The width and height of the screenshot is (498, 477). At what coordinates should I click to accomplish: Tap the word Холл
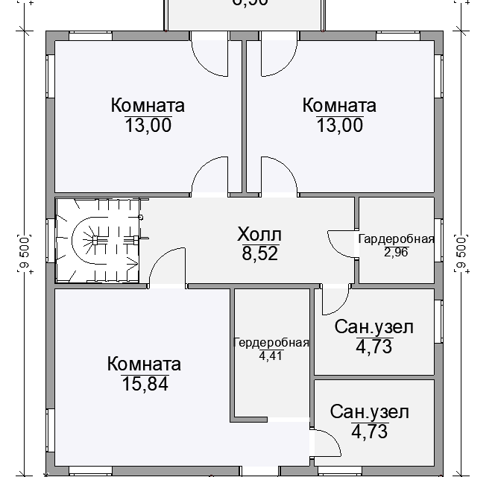coord(259,236)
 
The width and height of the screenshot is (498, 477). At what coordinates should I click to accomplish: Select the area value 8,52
coord(259,254)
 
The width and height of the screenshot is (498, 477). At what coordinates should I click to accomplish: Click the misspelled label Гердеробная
coord(271,343)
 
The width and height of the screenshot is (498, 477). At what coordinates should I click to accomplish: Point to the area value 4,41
coord(271,356)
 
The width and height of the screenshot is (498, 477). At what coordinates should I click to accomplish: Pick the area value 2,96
coord(396,252)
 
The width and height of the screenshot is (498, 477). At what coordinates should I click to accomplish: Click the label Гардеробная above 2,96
coord(396,239)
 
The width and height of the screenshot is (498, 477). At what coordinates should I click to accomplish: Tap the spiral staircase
coord(98,240)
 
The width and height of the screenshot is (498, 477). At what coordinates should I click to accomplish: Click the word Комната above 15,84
coord(144,364)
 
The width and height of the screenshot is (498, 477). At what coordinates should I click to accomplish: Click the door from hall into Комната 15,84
coord(167,268)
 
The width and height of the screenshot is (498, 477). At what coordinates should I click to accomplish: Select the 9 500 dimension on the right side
coord(460,254)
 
